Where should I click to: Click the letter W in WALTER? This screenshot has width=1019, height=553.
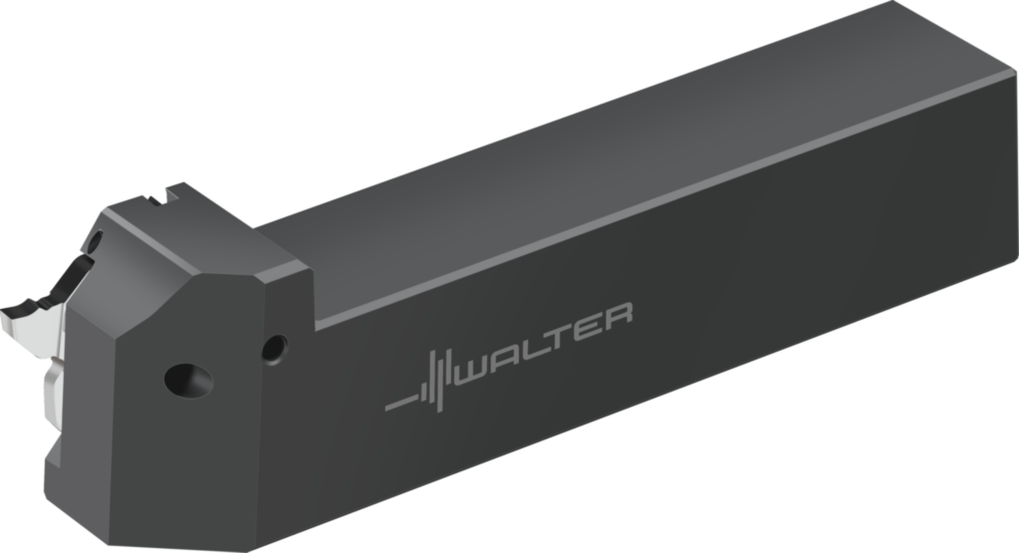485,367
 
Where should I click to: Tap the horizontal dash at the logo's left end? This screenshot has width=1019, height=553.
399,405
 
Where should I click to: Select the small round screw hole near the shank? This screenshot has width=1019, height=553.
273,348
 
